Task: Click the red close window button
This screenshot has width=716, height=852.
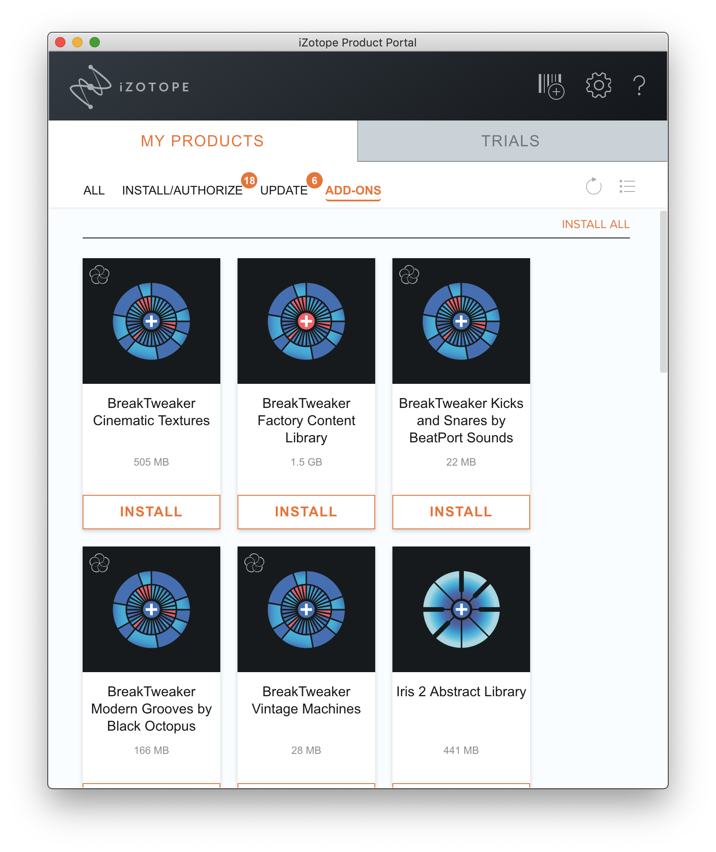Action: coord(60,42)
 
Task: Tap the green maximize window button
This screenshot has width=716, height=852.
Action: coord(95,42)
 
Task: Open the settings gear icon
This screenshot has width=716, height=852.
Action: coord(599,85)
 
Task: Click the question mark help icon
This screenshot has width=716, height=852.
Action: coord(639,85)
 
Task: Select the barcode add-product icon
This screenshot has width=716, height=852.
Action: coord(551,86)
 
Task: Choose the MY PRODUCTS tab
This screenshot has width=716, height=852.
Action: coord(203,141)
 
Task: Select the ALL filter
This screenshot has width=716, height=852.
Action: coord(94,190)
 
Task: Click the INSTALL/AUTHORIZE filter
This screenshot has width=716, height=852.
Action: coord(182,190)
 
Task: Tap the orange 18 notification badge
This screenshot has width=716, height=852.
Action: coord(250,180)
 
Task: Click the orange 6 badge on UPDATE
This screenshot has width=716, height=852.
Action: coord(315,180)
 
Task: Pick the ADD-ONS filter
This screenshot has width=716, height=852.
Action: coord(353,191)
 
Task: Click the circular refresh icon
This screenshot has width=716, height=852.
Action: coord(593,186)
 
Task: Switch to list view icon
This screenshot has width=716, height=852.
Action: coord(627,186)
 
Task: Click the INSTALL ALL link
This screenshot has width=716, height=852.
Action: coord(596,224)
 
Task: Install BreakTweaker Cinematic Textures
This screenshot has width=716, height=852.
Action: coord(151,512)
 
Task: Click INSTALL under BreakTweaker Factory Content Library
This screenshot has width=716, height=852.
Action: coord(306,512)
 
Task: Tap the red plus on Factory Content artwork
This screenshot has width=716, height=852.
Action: coord(306,321)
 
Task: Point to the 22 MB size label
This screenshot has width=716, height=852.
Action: coord(461,462)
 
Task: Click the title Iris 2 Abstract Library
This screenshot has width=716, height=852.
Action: coord(461,691)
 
